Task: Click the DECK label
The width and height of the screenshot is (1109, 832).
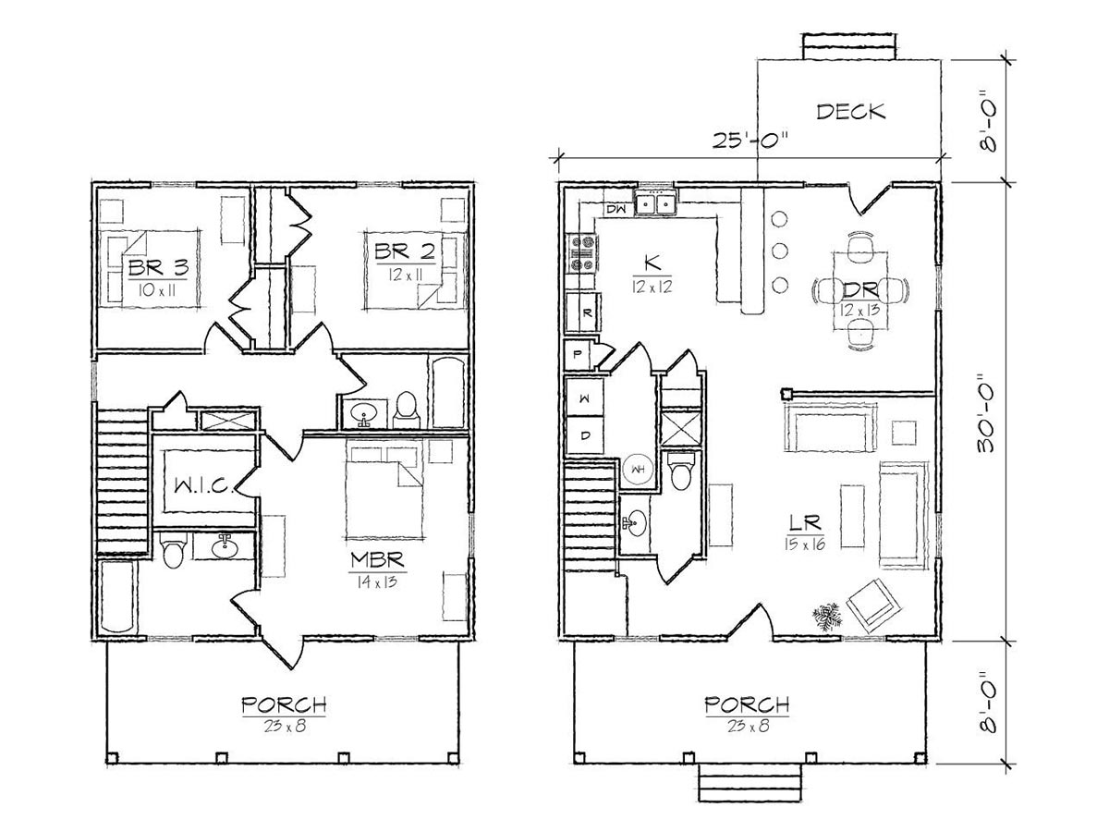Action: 851,112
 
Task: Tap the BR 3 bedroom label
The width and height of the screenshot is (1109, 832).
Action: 158,267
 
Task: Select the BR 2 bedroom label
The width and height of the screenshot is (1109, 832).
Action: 405,251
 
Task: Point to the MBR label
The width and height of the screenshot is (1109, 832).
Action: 377,559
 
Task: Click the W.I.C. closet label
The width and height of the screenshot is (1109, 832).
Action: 203,486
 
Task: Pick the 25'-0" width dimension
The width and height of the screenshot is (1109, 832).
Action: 749,140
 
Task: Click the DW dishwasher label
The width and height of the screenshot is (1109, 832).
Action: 615,209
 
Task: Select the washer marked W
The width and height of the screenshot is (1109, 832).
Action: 585,398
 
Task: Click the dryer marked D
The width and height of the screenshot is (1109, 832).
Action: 585,434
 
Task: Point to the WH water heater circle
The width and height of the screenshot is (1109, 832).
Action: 639,470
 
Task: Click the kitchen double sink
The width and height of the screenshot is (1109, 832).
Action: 656,203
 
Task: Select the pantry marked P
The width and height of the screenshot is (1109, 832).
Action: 577,355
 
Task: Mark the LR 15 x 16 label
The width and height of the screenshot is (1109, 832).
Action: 805,532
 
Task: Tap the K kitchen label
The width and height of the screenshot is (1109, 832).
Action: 652,263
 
